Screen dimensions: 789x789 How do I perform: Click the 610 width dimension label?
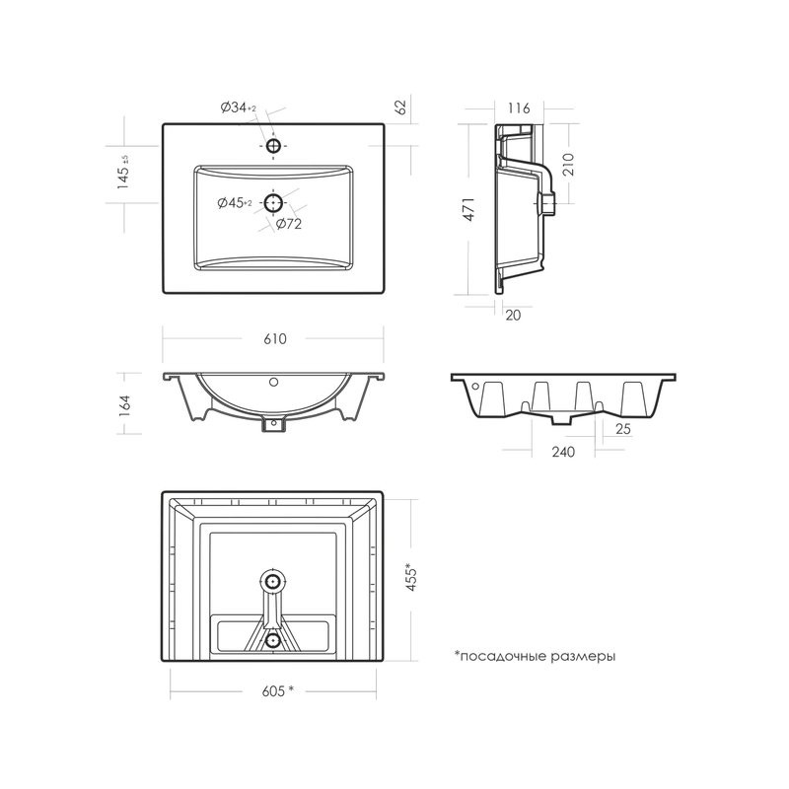pos(275,338)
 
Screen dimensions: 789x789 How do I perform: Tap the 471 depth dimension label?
pos(468,209)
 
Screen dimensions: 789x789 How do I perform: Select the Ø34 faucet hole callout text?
pos(239,108)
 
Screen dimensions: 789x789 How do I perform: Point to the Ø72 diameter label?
pos(289,224)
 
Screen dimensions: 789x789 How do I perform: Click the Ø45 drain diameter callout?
pos(235,203)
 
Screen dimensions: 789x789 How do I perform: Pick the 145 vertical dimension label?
pos(123,172)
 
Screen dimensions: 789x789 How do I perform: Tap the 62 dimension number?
pos(400,108)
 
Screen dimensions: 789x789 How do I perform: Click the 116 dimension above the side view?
pos(519,108)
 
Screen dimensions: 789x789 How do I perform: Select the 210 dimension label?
pos(568,164)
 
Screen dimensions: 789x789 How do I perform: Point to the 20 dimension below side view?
pos(513,316)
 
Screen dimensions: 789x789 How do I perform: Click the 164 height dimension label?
pos(125,405)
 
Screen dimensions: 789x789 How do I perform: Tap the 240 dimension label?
pos(563,452)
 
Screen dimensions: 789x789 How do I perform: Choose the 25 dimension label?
pos(623,429)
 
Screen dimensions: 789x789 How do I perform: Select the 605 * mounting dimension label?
pos(277,691)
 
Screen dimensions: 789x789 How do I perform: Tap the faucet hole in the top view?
pos(273,146)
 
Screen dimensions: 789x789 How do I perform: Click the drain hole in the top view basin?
pos(274,203)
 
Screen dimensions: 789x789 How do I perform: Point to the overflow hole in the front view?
pos(274,382)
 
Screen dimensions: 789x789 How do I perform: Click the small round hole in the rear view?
pos(475,387)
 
